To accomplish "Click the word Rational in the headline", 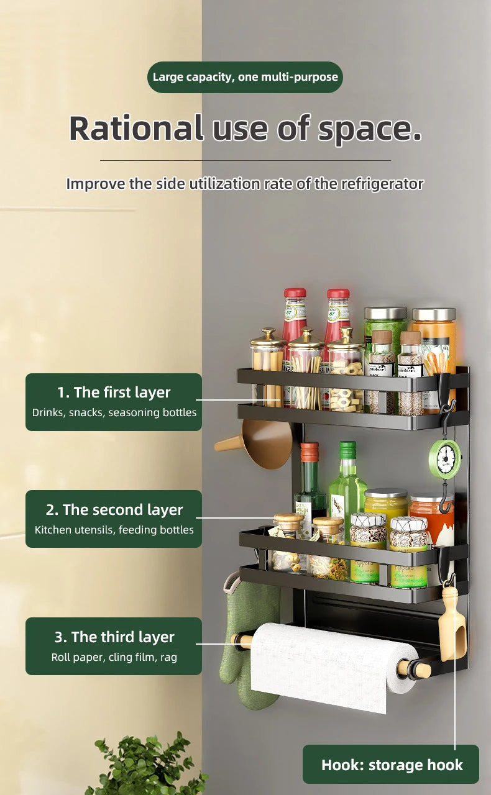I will click(135, 128).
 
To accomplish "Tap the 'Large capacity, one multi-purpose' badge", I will click(245, 77).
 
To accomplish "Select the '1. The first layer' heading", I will click(114, 393).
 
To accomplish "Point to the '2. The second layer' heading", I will click(114, 510).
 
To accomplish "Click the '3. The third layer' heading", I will click(114, 637).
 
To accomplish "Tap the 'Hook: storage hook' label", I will click(392, 765).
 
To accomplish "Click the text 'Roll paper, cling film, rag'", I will click(114, 657).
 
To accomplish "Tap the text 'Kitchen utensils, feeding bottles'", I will click(114, 530).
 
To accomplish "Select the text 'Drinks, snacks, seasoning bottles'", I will click(114, 412).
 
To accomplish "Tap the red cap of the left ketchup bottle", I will click(295, 293).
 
